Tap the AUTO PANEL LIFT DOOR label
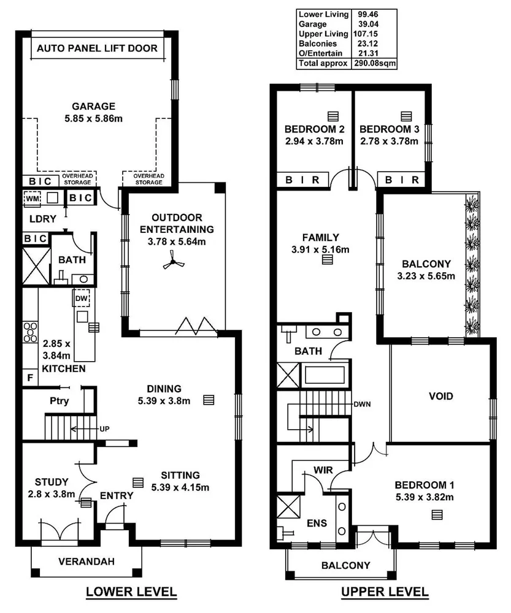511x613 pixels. pos(97,48)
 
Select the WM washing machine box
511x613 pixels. pos(32,198)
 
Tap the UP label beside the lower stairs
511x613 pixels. pos(104,428)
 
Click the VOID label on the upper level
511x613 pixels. pos(440,396)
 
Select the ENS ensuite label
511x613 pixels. pos(317,524)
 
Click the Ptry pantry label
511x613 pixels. pos(58,402)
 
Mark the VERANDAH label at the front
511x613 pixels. pos(86,561)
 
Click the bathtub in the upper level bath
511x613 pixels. pos(326,374)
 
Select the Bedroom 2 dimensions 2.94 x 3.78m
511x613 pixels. pos(314,141)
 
